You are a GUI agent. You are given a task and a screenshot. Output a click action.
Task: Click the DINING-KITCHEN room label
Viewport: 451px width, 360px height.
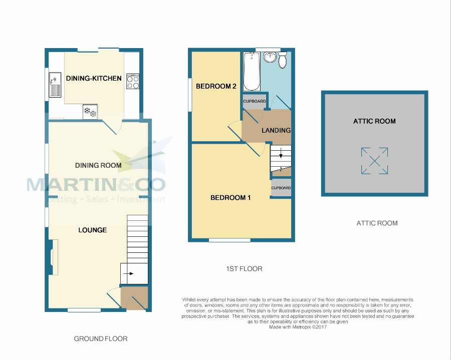click(94, 78)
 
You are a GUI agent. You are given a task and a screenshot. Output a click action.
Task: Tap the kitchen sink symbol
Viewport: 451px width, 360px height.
click(55, 85)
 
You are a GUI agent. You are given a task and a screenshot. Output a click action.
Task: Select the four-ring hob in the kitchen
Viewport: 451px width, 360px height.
click(133, 81)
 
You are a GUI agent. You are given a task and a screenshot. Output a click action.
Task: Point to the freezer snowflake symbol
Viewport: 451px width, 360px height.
click(90, 112)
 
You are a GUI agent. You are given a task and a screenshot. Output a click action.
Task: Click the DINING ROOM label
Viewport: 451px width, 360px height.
click(98, 165)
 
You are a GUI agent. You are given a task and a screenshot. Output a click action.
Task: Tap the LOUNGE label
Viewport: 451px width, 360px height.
click(93, 230)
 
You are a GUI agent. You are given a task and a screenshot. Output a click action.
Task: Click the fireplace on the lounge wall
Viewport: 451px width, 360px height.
click(54, 257)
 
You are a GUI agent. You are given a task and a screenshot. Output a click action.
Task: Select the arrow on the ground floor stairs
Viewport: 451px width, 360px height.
click(128, 273)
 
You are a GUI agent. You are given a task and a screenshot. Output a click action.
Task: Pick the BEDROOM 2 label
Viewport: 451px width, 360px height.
click(216, 86)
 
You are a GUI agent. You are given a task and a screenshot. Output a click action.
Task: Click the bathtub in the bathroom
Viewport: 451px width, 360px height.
click(252, 71)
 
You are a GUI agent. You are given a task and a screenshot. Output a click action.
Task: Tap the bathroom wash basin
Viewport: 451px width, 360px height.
click(270, 57)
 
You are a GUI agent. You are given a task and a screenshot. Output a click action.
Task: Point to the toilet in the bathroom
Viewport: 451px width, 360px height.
click(283, 60)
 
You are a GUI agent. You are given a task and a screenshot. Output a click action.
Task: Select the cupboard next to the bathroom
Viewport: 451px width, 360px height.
click(254, 102)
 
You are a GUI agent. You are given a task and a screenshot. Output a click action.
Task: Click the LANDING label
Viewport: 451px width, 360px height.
click(276, 131)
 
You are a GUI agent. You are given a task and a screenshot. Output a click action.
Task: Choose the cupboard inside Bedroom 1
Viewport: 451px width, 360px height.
click(281, 188)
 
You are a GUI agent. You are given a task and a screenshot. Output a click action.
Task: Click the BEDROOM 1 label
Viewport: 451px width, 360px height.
click(231, 198)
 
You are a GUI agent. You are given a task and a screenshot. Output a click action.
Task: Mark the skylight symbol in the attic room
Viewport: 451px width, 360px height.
click(374, 161)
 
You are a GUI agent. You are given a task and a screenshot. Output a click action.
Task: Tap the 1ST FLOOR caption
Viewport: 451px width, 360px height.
click(244, 269)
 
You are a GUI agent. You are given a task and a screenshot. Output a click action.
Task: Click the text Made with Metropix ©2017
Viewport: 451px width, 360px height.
click(298, 327)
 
